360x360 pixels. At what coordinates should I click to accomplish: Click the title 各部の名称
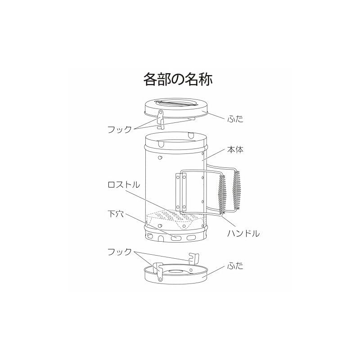[x=178, y=80]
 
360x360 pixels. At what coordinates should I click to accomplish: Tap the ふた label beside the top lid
[x=235, y=119]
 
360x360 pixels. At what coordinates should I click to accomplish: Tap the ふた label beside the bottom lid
[x=235, y=266]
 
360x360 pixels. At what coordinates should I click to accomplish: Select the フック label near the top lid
[x=120, y=129]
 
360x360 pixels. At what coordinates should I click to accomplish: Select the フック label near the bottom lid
[x=120, y=252]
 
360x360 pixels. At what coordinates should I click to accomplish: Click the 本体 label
[x=235, y=150]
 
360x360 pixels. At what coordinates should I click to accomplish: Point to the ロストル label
[x=124, y=185]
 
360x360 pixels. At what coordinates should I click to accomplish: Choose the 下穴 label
[x=116, y=214]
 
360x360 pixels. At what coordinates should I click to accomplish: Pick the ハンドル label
[x=243, y=234]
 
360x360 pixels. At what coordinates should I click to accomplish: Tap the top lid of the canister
[x=176, y=108]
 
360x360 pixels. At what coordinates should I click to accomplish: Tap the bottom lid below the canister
[x=176, y=274]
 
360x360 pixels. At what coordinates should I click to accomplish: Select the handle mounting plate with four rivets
[x=181, y=192]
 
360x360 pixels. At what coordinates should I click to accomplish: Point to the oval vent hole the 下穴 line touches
[x=175, y=238]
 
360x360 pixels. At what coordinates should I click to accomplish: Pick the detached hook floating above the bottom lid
[x=194, y=258]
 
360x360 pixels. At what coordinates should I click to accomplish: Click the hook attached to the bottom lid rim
[x=159, y=272]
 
